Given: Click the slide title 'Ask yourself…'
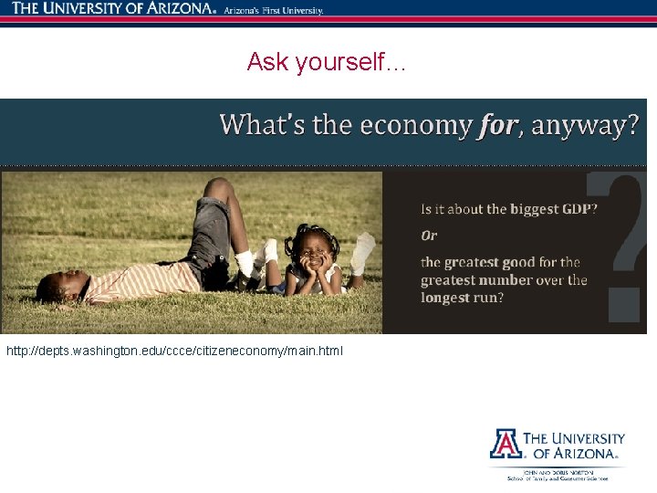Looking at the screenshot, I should (328, 62).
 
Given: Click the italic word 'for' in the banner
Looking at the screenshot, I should (496, 125).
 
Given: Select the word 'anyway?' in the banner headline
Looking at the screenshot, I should (585, 125).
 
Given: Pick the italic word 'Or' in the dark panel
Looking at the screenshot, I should (429, 236).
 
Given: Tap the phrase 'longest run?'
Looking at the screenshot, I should (463, 298).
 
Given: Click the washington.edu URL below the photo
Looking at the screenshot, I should (175, 351).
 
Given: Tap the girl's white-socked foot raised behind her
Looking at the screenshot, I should (363, 248).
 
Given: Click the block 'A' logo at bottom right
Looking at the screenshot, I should (505, 443).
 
